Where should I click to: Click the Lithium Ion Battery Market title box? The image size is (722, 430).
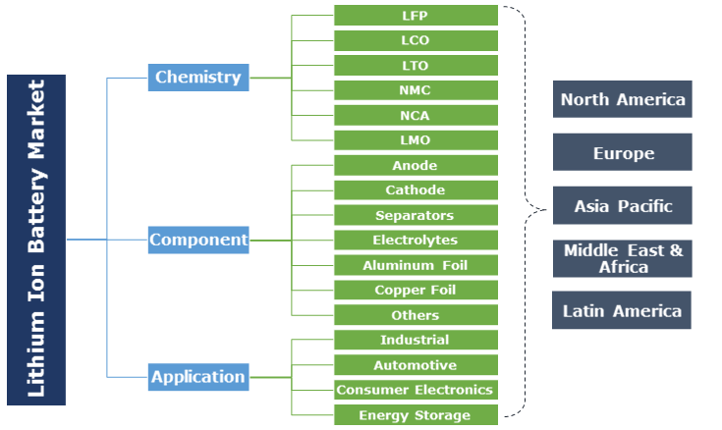click(36, 240)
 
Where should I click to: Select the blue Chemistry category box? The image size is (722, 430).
click(197, 77)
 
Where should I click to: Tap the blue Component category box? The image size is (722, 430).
click(198, 240)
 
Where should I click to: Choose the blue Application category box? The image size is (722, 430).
click(197, 376)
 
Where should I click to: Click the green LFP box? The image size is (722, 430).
click(416, 16)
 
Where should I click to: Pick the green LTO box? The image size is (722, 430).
click(416, 66)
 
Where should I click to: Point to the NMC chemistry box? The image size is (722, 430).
click(416, 90)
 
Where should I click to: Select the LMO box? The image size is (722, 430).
click(416, 140)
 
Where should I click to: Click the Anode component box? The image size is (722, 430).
click(416, 165)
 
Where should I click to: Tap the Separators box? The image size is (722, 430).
click(416, 215)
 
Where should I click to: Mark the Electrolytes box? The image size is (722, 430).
click(416, 240)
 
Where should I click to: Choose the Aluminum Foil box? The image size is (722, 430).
click(416, 265)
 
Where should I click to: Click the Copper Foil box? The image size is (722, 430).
click(416, 290)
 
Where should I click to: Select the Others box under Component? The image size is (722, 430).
click(416, 315)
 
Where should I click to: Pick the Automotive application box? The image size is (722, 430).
click(416, 365)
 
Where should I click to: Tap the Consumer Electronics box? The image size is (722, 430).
click(416, 390)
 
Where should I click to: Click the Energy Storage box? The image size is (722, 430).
click(416, 415)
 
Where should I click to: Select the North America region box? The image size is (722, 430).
click(622, 99)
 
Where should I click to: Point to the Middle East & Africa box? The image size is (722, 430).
click(622, 258)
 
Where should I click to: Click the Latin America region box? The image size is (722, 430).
click(622, 310)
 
